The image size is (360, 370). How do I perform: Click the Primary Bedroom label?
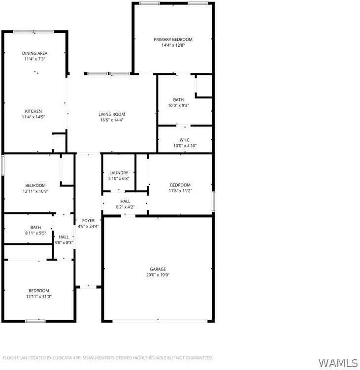(173, 39)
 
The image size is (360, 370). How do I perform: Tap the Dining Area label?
(34, 53)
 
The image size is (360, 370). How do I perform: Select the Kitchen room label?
(33, 111)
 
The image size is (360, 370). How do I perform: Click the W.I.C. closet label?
(185, 140)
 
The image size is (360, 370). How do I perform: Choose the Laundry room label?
(118, 172)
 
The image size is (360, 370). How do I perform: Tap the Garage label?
(158, 269)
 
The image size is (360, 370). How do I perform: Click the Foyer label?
(88, 220)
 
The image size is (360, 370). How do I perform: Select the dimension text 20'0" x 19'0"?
(158, 275)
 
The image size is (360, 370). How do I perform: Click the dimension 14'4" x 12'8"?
(173, 45)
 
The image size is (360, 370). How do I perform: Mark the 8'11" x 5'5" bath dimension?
(35, 233)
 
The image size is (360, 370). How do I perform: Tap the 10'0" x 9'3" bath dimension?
(178, 105)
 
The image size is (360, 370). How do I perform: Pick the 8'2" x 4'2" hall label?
(125, 207)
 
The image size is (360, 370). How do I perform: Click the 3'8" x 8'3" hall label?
(64, 242)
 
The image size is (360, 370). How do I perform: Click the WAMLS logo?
(338, 363)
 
